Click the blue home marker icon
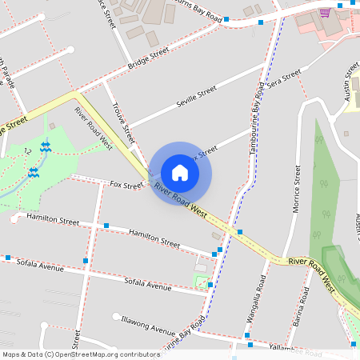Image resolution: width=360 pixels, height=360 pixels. tap(180, 173)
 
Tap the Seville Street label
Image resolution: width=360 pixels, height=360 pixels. tap(196, 98)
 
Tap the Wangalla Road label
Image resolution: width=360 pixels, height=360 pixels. tap(261, 294)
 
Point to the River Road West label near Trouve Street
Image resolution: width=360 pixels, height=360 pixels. tap(94, 128)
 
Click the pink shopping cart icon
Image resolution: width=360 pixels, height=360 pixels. tap(324, 13)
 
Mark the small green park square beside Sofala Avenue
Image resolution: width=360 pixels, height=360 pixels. tap(200, 280)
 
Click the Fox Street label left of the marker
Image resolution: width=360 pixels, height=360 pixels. tap(126, 186)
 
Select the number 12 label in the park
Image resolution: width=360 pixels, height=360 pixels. tap(28, 150)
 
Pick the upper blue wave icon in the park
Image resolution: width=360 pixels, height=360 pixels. tap(46, 146)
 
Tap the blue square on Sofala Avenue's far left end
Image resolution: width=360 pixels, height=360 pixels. tap(8, 258)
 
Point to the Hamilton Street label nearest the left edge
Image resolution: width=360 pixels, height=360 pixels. tap(53, 219)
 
